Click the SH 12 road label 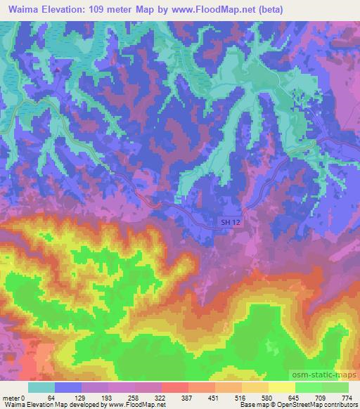pos(224,222)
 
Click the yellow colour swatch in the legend pos(282,387)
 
